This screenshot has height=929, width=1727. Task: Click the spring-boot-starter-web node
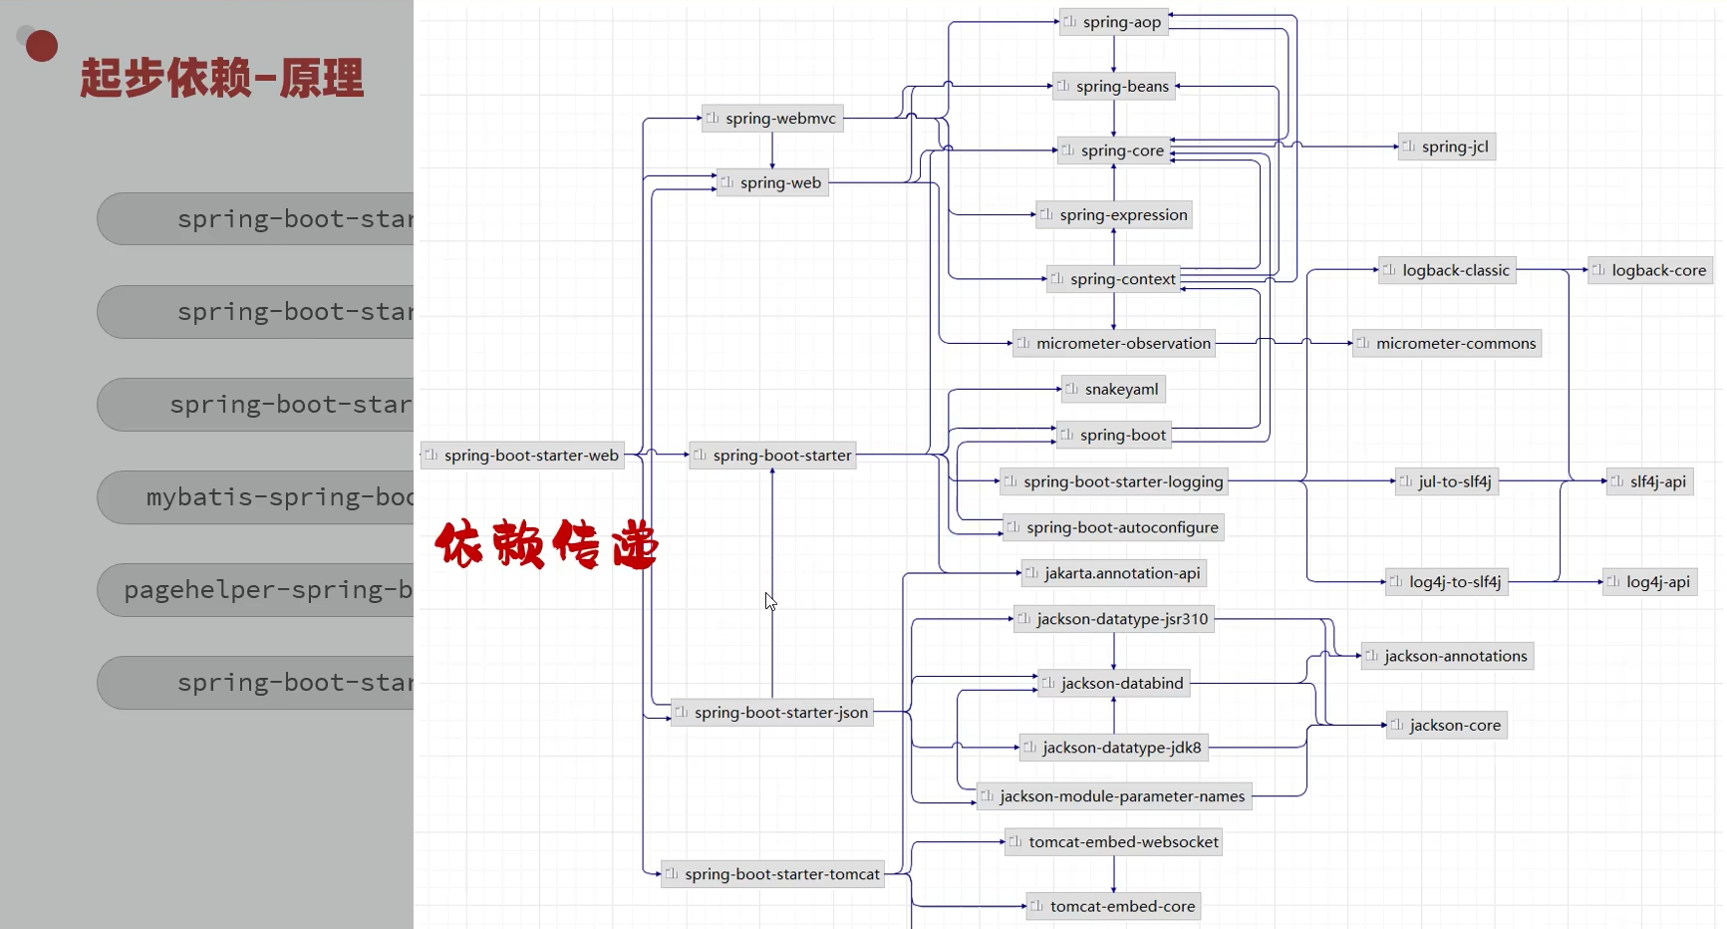pyautogui.click(x=522, y=456)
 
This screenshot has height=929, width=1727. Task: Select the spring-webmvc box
pyautogui.click(x=772, y=119)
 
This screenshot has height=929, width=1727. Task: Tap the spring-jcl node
pyautogui.click(x=1446, y=147)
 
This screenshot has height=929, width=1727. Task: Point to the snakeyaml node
pyautogui.click(x=1113, y=389)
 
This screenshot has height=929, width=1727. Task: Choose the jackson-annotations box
pyautogui.click(x=1446, y=656)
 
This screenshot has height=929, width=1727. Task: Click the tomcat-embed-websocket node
pyautogui.click(x=1113, y=842)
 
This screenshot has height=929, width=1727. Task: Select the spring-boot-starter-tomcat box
pyautogui.click(x=772, y=874)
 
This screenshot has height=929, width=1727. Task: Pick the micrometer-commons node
pyautogui.click(x=1446, y=343)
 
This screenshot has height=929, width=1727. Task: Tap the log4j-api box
pyautogui.click(x=1649, y=582)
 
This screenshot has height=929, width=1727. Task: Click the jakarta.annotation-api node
pyautogui.click(x=1113, y=573)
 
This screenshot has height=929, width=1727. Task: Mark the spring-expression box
pyautogui.click(x=1113, y=214)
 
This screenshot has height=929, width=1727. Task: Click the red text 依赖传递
pyautogui.click(x=546, y=544)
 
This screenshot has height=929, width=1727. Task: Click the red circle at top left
pyautogui.click(x=41, y=46)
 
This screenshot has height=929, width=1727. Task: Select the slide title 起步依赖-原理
pyautogui.click(x=222, y=78)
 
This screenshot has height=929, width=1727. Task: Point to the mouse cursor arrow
pyautogui.click(x=770, y=601)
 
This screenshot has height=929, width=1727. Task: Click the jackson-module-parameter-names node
pyautogui.click(x=1113, y=796)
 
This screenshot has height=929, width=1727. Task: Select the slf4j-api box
pyautogui.click(x=1649, y=481)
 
